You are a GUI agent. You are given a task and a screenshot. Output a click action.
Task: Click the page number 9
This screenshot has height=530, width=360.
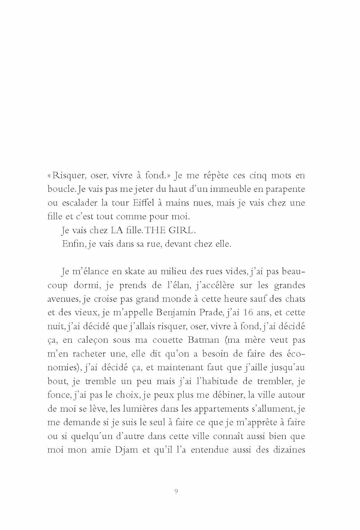point(176,491)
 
